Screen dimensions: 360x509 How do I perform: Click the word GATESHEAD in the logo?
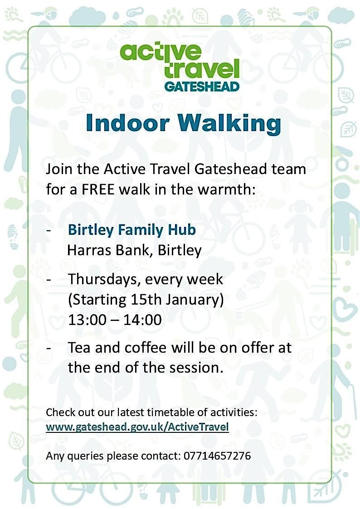[202, 87]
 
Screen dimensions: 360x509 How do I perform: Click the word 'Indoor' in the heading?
[127, 123]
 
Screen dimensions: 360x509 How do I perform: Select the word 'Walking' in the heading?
[229, 125]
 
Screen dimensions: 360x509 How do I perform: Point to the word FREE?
[98, 189]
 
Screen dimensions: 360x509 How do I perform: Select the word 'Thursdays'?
[103, 280]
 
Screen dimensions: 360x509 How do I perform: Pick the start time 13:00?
[87, 320]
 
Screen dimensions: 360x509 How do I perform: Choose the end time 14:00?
[142, 320]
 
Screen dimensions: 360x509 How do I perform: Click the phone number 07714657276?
[217, 456]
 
